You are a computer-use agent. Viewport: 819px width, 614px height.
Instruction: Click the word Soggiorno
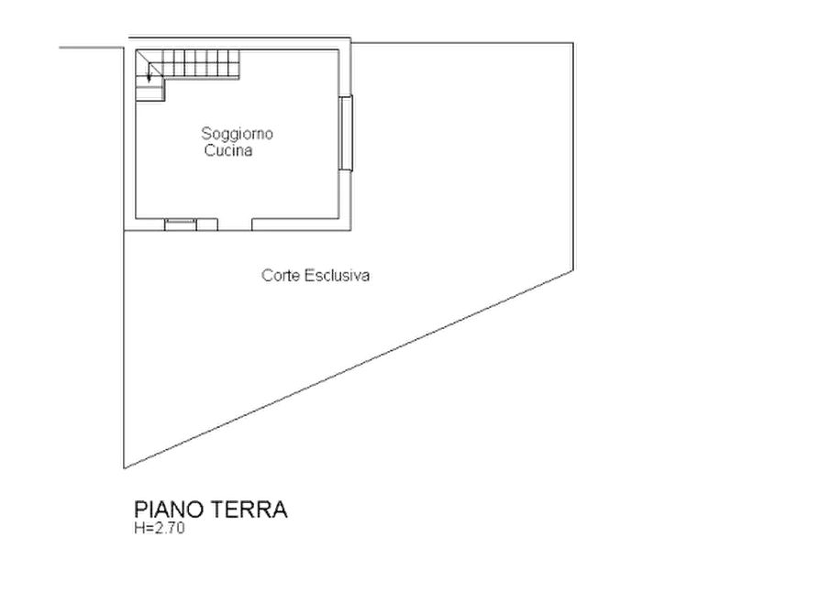[238, 134]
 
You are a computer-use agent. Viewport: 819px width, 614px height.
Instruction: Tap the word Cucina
[228, 150]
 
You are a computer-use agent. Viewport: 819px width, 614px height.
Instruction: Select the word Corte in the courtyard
[280, 275]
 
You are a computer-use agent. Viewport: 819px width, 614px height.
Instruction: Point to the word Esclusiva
[337, 275]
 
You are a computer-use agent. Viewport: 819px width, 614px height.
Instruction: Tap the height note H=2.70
[160, 528]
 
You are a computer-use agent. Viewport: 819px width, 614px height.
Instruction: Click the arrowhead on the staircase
[149, 79]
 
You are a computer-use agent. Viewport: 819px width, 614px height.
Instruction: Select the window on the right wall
[346, 133]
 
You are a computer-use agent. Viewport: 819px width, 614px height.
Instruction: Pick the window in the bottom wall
[181, 225]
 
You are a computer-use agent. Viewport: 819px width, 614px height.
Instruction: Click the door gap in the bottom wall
[235, 225]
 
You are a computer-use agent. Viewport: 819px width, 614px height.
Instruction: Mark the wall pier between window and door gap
[207, 225]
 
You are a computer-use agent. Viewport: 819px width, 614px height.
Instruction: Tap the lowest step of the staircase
[149, 94]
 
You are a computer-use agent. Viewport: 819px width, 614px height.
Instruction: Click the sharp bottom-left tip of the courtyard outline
[124, 468]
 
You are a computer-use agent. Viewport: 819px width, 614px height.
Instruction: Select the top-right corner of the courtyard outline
[573, 43]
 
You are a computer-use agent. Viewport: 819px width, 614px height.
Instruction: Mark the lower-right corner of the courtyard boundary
[573, 270]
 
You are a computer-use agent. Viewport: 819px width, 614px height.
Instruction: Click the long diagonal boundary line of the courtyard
[349, 369]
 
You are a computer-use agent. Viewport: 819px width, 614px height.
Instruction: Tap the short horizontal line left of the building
[92, 48]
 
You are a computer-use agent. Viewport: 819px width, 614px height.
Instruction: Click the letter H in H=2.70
[138, 528]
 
